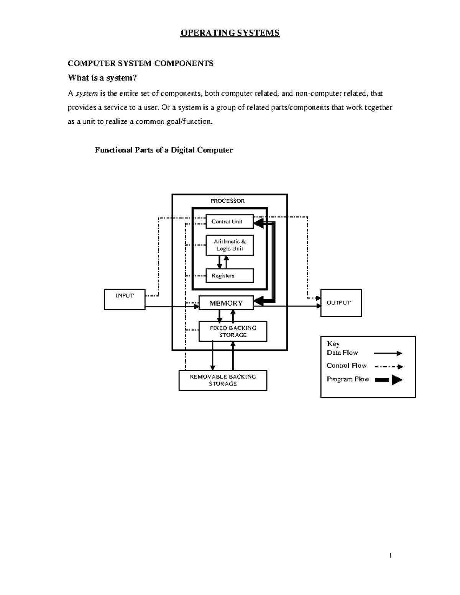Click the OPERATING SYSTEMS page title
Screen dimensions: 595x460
click(230, 33)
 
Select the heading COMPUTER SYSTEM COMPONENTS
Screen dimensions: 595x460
click(140, 64)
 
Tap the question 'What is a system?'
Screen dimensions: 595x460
click(102, 78)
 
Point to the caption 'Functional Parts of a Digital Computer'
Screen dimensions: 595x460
click(164, 150)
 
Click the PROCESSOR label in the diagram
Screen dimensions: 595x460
click(227, 201)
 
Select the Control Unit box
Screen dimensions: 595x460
click(229, 221)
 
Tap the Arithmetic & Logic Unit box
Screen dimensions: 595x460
click(229, 245)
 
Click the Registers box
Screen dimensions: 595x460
click(229, 275)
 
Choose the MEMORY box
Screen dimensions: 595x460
click(226, 303)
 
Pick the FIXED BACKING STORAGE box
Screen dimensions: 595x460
click(233, 331)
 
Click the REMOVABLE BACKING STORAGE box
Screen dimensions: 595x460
click(223, 380)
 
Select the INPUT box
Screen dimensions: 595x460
click(125, 300)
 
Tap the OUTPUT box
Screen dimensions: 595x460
click(341, 303)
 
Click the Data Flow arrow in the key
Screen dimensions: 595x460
click(388, 353)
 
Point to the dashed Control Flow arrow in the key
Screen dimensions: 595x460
click(389, 367)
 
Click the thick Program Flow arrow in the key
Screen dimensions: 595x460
click(389, 380)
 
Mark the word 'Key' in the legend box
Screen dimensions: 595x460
click(333, 344)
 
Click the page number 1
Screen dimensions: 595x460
click(390, 555)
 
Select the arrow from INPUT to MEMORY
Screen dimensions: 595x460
click(172, 307)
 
